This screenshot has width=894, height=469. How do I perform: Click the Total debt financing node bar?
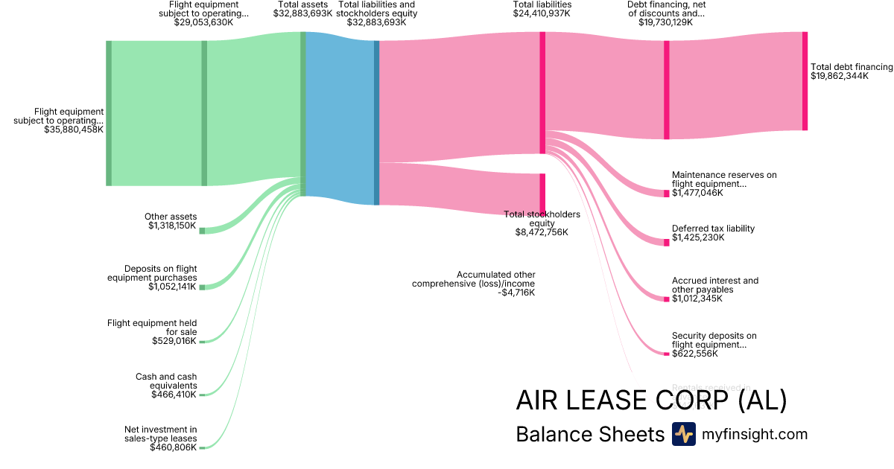(x=805, y=81)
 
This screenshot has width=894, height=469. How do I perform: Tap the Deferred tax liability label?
(x=713, y=229)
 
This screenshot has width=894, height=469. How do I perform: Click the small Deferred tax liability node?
(x=667, y=243)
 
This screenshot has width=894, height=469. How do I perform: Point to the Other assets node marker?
(x=202, y=231)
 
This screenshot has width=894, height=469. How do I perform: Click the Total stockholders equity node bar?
(x=542, y=194)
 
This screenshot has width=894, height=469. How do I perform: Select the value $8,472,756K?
(x=542, y=232)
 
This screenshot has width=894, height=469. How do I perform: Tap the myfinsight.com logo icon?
(x=683, y=434)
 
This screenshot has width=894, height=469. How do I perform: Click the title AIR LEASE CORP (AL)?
(x=651, y=401)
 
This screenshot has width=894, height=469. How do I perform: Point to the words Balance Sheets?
(x=589, y=434)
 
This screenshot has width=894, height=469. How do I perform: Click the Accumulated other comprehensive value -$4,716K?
(x=517, y=293)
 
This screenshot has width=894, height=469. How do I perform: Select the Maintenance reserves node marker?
(x=667, y=194)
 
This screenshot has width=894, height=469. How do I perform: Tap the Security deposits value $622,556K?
(x=695, y=354)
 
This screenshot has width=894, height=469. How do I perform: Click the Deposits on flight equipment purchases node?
(x=202, y=287)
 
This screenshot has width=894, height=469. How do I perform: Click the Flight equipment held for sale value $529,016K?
(x=174, y=341)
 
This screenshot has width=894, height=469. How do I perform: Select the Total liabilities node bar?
(x=542, y=92)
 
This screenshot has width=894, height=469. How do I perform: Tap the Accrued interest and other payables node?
(x=667, y=299)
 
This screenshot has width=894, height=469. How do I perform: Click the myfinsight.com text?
(x=755, y=434)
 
